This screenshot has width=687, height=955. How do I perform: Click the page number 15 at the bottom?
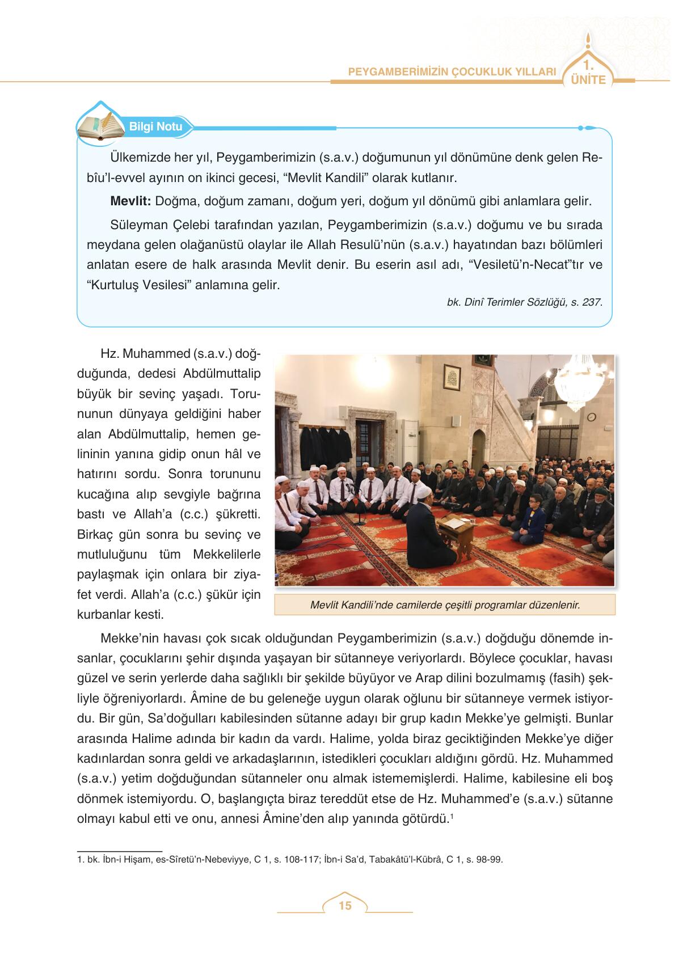344,906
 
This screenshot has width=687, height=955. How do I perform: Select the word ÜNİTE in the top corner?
588,80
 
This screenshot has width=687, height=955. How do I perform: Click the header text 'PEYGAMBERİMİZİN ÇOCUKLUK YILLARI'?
451,72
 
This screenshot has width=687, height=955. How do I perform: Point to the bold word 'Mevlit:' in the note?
130,201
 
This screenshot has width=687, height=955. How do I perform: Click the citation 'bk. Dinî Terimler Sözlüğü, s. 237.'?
525,302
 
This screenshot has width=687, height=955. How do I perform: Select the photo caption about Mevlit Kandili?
445,605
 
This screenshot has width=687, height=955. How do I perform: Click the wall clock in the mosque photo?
591,417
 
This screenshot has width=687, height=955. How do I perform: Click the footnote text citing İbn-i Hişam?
290,860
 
